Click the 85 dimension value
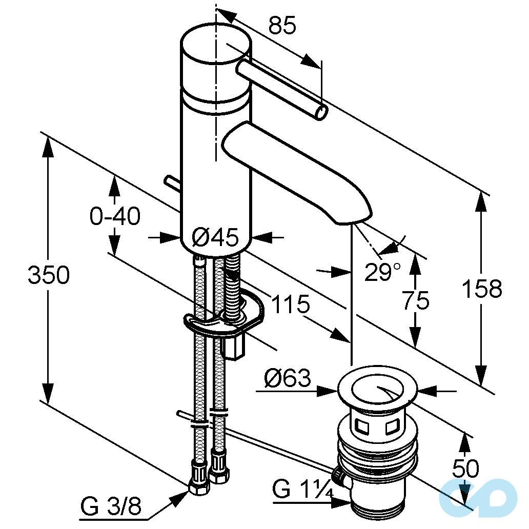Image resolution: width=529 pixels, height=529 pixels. [282, 25]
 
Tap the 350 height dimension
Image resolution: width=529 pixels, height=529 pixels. [49, 274]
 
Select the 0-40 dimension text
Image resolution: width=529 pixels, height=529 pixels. [115, 216]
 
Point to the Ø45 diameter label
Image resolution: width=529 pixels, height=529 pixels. [215, 237]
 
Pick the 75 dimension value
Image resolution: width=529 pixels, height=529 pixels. [416, 300]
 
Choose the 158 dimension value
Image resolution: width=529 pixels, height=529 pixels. [482, 289]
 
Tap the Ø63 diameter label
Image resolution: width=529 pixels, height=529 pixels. [288, 378]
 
